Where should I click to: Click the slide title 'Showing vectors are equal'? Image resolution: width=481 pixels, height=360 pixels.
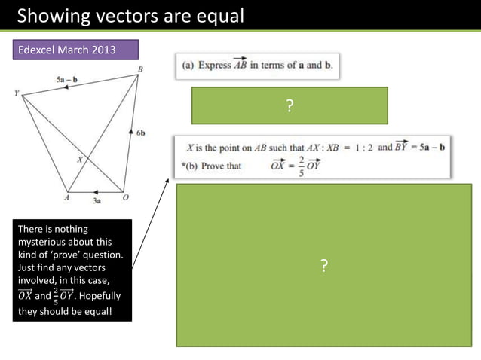click(130, 15)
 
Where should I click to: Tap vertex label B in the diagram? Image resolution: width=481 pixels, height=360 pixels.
click(140, 69)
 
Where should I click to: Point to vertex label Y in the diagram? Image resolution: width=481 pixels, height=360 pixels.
click(16, 94)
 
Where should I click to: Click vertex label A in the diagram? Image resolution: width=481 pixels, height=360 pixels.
click(66, 197)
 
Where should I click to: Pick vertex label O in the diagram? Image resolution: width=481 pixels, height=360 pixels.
click(125, 197)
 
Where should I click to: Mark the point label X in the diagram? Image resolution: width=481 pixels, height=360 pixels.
click(78, 160)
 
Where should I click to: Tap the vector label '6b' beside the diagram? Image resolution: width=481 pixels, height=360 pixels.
click(141, 133)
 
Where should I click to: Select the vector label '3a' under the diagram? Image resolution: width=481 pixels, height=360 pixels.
click(97, 201)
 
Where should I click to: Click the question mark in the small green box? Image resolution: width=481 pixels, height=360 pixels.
click(289, 106)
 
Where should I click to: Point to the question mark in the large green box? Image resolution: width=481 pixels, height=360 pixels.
click(323, 265)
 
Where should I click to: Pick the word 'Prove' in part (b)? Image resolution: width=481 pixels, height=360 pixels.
click(215, 166)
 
